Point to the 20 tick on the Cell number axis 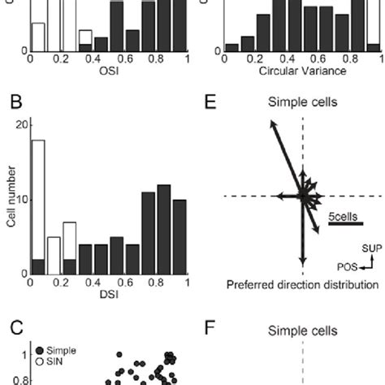pos(22,123)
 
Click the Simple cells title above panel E pos(303,103)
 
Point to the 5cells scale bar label pos(344,217)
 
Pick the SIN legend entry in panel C pos(53,360)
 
